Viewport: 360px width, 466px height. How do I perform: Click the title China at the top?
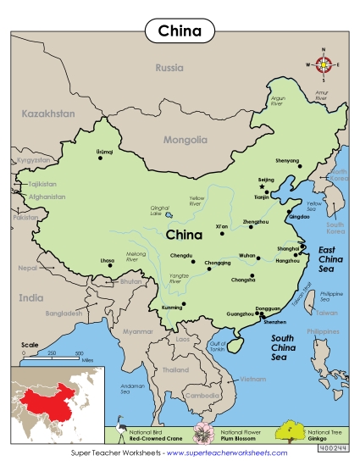[180, 32]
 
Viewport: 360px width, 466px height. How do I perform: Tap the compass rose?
[323, 65]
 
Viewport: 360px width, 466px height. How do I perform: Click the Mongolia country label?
[184, 140]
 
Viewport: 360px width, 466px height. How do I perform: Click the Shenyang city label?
[288, 158]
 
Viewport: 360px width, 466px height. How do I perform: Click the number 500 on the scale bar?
[79, 352]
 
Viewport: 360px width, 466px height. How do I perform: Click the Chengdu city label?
[181, 255]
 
